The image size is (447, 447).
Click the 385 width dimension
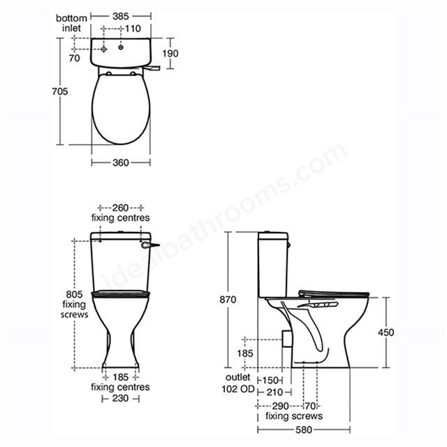[x=121, y=16]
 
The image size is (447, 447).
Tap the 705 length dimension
[x=60, y=91]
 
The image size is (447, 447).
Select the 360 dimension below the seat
[x=121, y=163]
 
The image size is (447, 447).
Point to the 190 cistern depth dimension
[x=170, y=53]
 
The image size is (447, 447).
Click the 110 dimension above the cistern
[x=133, y=29]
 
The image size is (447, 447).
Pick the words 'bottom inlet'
[x=71, y=23]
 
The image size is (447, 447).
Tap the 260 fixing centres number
[x=120, y=208]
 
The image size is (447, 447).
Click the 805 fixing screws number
[x=74, y=294]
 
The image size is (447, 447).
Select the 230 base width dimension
[x=120, y=398]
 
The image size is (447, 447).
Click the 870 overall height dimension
[x=228, y=300]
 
